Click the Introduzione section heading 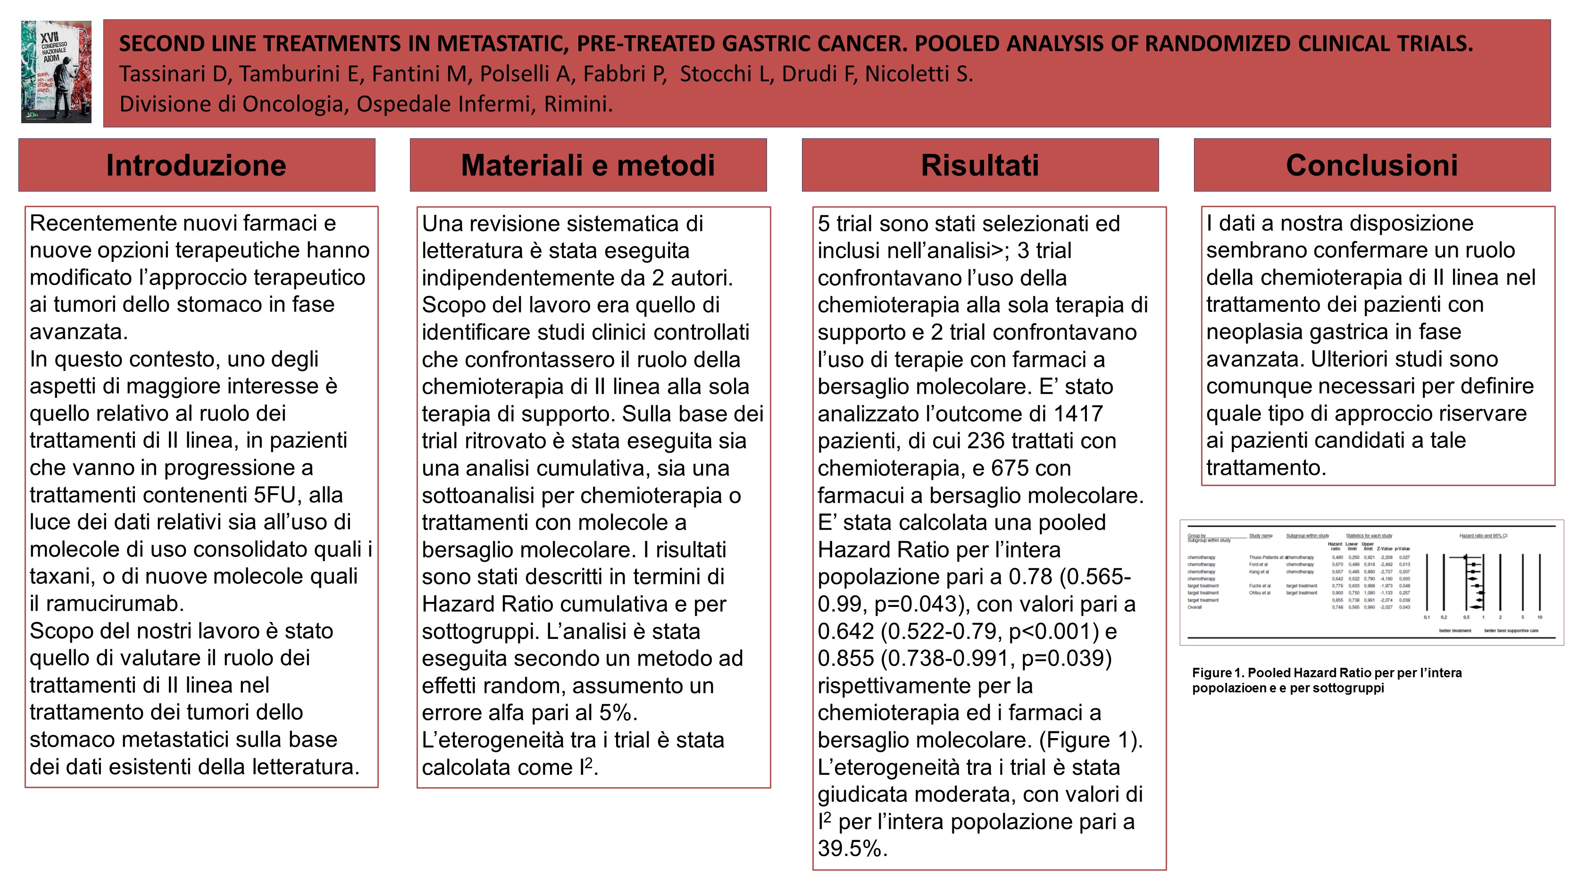pyautogui.click(x=196, y=165)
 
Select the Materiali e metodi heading pyautogui.click(x=588, y=165)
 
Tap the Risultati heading pyautogui.click(x=979, y=165)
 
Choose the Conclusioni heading pyautogui.click(x=1372, y=165)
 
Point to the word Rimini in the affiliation pyautogui.click(x=576, y=104)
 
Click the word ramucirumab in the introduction pyautogui.click(x=115, y=603)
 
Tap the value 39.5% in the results pyautogui.click(x=852, y=848)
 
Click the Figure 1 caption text pyautogui.click(x=1327, y=680)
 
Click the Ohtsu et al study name pyautogui.click(x=1260, y=593)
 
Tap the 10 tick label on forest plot pyautogui.click(x=1539, y=617)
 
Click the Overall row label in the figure pyautogui.click(x=1194, y=607)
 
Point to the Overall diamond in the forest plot pyautogui.click(x=1477, y=607)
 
